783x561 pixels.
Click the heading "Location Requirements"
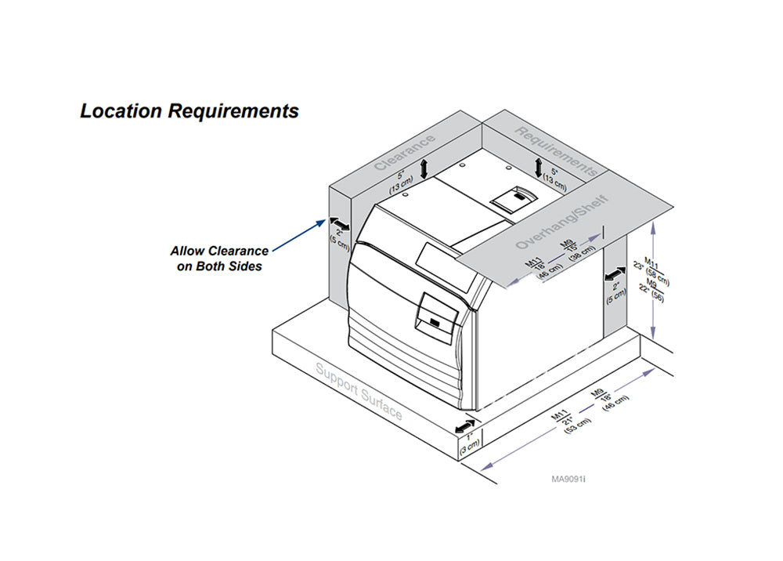point(189,111)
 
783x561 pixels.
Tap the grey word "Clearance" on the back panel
point(404,153)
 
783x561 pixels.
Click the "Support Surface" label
point(359,391)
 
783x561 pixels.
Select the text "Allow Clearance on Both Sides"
point(219,259)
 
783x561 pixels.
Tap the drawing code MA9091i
point(569,478)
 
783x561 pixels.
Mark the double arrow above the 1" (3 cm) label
point(464,425)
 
